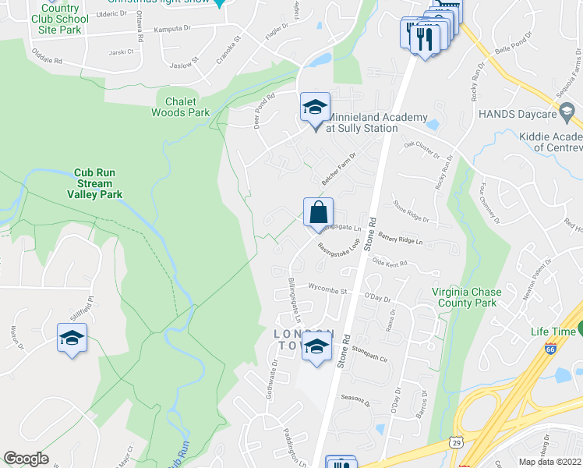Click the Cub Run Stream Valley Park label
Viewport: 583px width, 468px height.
point(98,183)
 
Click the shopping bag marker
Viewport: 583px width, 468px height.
point(318,212)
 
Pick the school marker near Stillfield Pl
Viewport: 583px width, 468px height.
point(72,338)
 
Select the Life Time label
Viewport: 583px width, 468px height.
point(553,331)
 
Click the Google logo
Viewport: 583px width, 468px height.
point(26,459)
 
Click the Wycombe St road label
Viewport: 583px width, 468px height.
point(327,289)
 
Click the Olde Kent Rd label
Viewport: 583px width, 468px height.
point(390,264)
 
